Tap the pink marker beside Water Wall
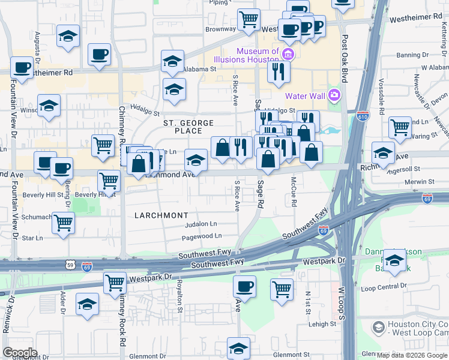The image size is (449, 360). pos(334,95)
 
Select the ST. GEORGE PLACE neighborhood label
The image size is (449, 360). pos(188,127)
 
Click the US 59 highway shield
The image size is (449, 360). pos(70,263)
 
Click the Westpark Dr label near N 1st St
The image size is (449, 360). pos(325,261)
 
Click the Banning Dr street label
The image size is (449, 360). pos(412,55)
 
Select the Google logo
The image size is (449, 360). pos(20,353)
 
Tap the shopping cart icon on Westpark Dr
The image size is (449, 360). pos(115,283)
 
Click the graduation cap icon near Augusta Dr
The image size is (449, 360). pos(68,36)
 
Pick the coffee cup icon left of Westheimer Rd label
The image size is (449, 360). pos(22,68)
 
